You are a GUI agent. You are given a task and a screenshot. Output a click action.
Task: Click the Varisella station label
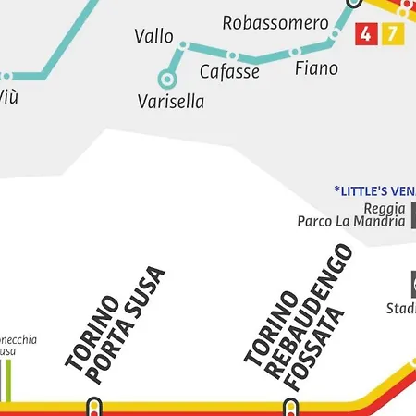(170, 102)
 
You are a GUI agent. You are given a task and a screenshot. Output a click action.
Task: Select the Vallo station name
(153, 37)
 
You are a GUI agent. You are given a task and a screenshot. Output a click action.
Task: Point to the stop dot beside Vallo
(183, 44)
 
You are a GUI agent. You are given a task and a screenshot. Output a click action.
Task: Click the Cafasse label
(229, 72)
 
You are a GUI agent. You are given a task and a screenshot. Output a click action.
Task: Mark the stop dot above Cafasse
(233, 55)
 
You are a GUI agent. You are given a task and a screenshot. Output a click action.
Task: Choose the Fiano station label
(316, 68)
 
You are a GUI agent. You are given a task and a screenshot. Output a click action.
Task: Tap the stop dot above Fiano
(330, 43)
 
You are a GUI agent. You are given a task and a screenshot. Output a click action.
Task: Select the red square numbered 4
(366, 35)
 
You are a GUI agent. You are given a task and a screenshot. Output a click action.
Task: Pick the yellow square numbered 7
(392, 35)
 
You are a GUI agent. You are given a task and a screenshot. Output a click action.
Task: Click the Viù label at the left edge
(7, 95)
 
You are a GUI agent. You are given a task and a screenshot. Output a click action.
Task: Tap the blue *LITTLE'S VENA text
(374, 190)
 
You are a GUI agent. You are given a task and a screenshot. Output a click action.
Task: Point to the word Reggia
(385, 208)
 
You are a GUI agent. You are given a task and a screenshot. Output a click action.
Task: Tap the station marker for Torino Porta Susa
(93, 405)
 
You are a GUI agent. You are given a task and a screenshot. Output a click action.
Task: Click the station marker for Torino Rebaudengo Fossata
(290, 405)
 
